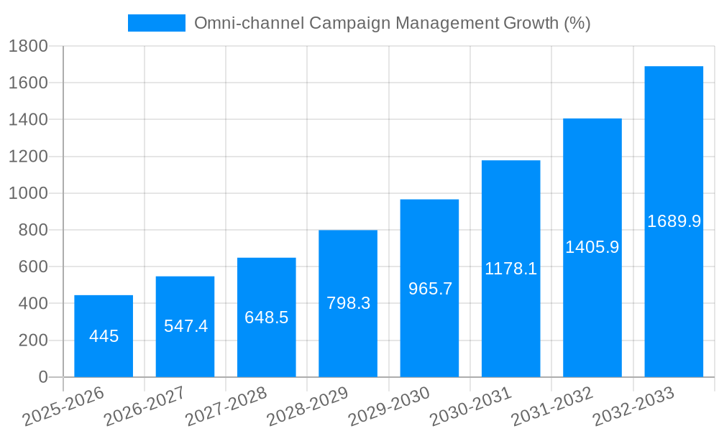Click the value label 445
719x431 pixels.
[x=104, y=336]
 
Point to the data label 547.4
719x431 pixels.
[x=186, y=326]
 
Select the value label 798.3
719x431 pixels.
[x=348, y=303]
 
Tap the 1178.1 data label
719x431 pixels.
[x=510, y=269]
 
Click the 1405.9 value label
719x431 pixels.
[x=592, y=247]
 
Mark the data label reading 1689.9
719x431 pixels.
[x=674, y=221]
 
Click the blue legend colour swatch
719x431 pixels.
[x=156, y=23]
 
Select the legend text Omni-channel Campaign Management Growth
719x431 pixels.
[x=392, y=23]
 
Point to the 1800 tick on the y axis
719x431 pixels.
[x=28, y=47]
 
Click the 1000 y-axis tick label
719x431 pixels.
[x=28, y=193]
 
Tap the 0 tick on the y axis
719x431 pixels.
[x=42, y=377]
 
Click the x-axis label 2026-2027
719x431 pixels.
[x=145, y=407]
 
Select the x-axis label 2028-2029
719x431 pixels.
[x=308, y=407]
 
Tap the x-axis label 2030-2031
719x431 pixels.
[x=470, y=407]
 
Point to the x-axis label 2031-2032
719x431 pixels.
[x=552, y=407]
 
